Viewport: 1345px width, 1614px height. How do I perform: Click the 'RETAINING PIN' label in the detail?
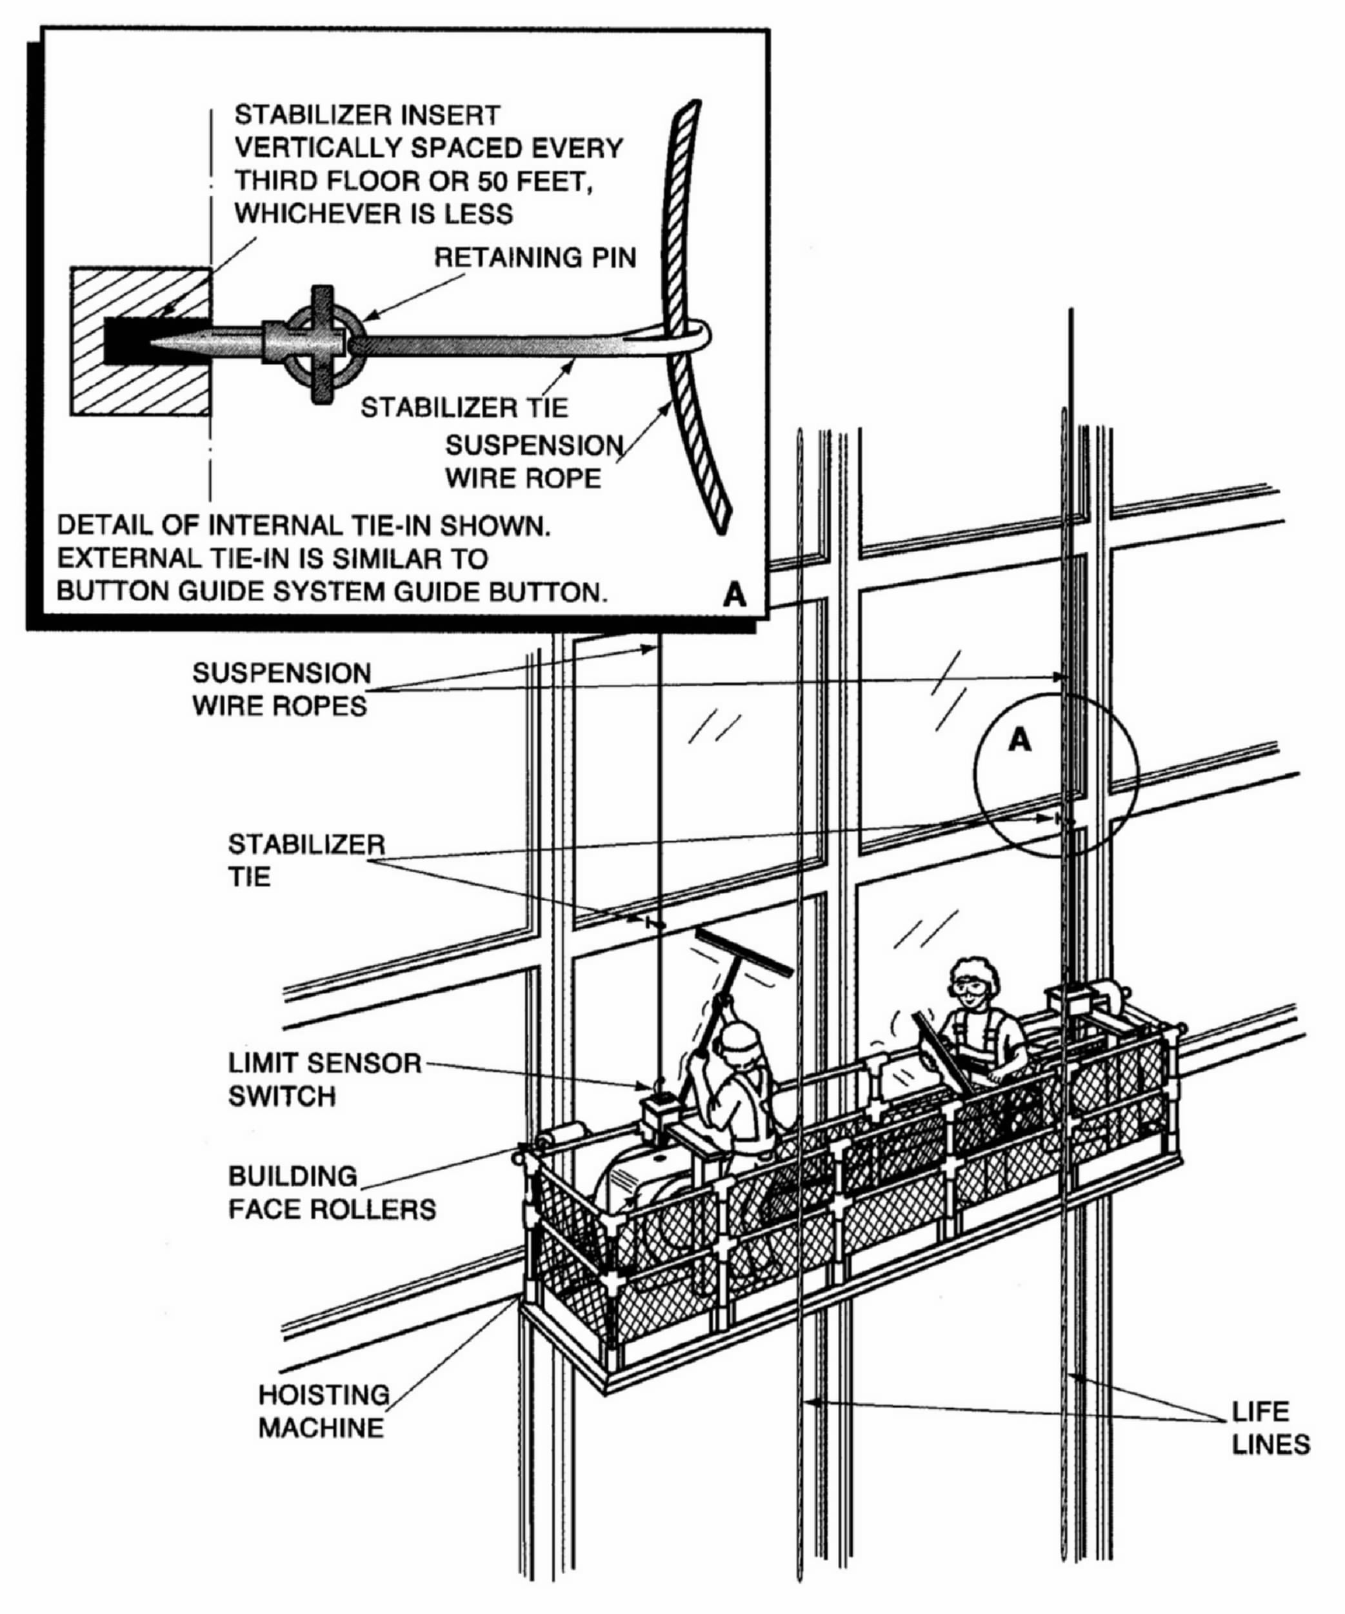(535, 258)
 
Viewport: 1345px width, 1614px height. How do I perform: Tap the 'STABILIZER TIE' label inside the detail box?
(464, 407)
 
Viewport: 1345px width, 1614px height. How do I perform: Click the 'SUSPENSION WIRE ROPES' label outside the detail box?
(281, 689)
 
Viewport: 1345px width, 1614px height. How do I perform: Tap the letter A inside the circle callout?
(1019, 740)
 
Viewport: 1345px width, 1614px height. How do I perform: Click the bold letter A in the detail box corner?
(734, 594)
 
